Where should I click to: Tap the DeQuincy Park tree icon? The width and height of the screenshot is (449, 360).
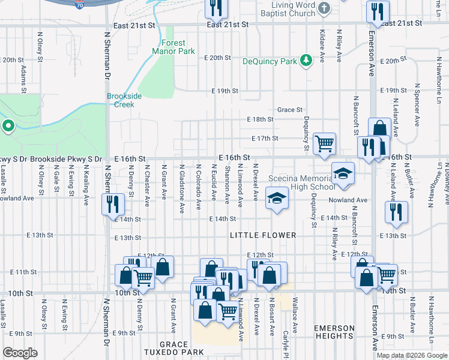tap(306, 61)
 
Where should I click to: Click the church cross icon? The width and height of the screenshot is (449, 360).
tap(325, 8)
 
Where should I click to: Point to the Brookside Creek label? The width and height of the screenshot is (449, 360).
tap(124, 100)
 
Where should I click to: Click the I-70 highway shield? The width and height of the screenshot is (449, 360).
tap(80, 4)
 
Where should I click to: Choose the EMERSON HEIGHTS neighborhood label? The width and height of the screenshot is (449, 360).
tap(333, 332)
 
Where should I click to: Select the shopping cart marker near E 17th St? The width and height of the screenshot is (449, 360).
tap(324, 143)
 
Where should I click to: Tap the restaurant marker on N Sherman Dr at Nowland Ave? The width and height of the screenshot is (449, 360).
tap(113, 205)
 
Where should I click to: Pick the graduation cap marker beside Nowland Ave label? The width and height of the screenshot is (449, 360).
tap(276, 199)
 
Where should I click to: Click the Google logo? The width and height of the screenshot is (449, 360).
tap(20, 353)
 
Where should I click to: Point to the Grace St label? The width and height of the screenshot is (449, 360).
tap(289, 110)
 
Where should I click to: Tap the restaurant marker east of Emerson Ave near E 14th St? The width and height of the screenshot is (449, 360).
tap(397, 212)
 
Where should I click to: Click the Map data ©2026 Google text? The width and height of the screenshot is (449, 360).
tap(412, 355)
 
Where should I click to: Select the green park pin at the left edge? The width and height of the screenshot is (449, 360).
tap(8, 126)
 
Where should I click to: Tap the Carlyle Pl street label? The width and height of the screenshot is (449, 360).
tap(286, 343)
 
